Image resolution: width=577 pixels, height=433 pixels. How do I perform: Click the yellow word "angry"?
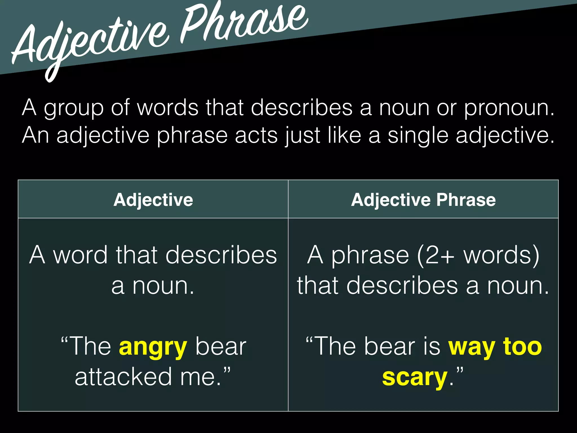click(153, 347)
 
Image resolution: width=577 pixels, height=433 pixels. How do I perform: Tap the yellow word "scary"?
click(415, 378)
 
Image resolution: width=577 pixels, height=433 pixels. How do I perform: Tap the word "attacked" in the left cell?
click(123, 377)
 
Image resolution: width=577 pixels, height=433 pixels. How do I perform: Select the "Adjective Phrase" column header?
click(423, 200)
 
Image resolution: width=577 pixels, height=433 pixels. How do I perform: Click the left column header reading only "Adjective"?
click(153, 200)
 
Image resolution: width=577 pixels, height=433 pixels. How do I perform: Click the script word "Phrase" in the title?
click(244, 23)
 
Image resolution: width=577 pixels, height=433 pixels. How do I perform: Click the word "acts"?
click(256, 136)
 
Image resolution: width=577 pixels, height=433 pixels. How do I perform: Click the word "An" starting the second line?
click(35, 136)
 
